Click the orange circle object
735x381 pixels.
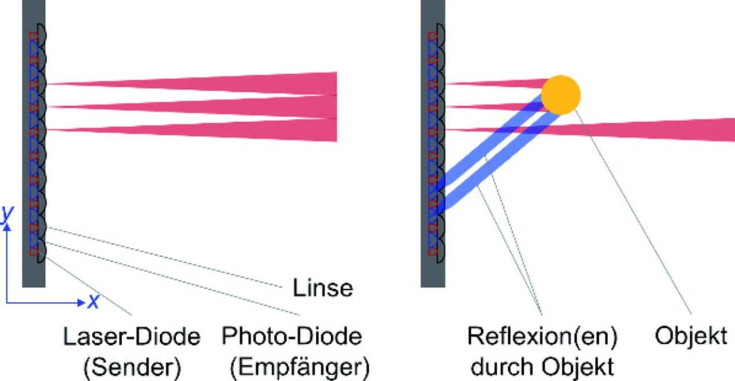coord(561,95)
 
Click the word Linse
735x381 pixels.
coord(323,287)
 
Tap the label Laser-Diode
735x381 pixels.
coord(131,336)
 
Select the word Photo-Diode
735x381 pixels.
coord(292,336)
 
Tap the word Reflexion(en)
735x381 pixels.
coord(542,336)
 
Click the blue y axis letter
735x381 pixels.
coord(6,213)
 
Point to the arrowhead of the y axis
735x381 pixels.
coord(7,227)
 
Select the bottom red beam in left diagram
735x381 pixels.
coord(230,130)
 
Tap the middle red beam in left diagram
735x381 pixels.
coord(230,107)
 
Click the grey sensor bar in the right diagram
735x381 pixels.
coord(432,143)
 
